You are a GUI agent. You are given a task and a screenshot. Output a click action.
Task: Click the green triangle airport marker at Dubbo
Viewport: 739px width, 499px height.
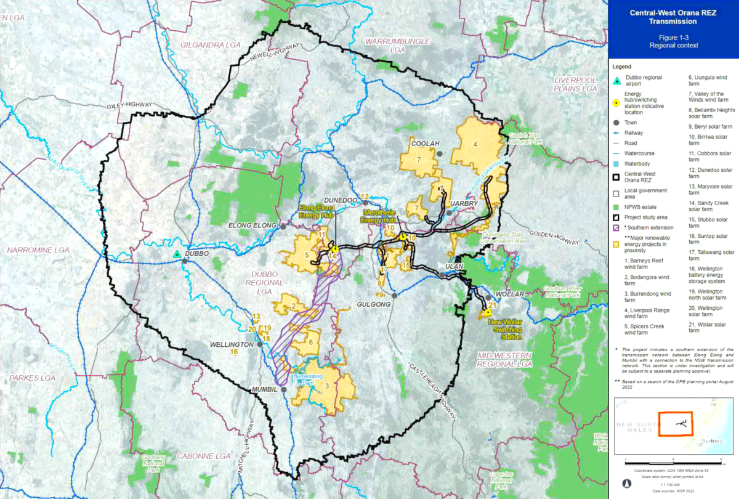(x=177, y=254)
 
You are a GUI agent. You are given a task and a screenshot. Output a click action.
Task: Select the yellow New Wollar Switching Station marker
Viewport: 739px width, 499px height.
(x=488, y=312)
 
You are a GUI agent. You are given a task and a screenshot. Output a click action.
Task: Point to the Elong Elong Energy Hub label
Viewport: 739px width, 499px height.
(x=317, y=213)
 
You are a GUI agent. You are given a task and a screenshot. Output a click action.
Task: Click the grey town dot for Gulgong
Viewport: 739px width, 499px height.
(x=395, y=296)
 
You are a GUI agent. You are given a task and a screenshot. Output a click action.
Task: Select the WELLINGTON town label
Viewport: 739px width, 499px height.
(x=232, y=345)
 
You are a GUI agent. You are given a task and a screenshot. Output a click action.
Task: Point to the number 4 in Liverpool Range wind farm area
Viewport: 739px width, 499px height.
(x=475, y=144)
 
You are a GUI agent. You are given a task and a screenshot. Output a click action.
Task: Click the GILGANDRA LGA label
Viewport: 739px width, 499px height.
(x=209, y=45)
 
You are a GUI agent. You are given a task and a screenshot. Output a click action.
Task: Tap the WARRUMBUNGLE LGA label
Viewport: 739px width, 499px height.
(x=395, y=45)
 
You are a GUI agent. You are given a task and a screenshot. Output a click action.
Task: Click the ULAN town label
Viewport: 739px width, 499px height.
(x=453, y=267)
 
